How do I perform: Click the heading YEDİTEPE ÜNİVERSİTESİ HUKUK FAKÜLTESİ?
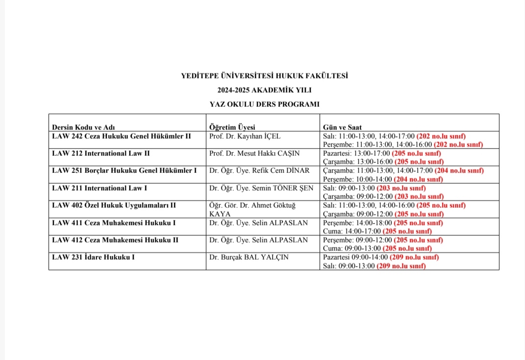coord(264,76)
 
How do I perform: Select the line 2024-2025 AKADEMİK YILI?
coord(264,90)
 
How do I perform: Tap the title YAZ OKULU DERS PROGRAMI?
coord(264,104)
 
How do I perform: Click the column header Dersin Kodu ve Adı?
coord(83,127)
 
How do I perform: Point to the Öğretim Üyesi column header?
coord(232,127)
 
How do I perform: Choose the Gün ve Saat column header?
coord(342,127)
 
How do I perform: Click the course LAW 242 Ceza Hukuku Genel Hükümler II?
coord(121,136)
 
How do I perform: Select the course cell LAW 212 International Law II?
coord(101,153)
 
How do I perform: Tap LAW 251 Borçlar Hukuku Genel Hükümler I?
coord(124,170)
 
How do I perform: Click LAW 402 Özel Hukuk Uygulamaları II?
coord(114,205)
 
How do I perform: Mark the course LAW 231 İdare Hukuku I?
coord(93,257)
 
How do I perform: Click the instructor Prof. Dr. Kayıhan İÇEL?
coord(245,136)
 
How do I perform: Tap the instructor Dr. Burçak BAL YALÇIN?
coord(249,257)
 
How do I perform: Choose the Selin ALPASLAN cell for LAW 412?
coord(258,240)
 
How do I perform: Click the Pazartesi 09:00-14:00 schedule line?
coord(381,257)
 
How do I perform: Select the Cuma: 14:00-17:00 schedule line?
coord(377,231)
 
